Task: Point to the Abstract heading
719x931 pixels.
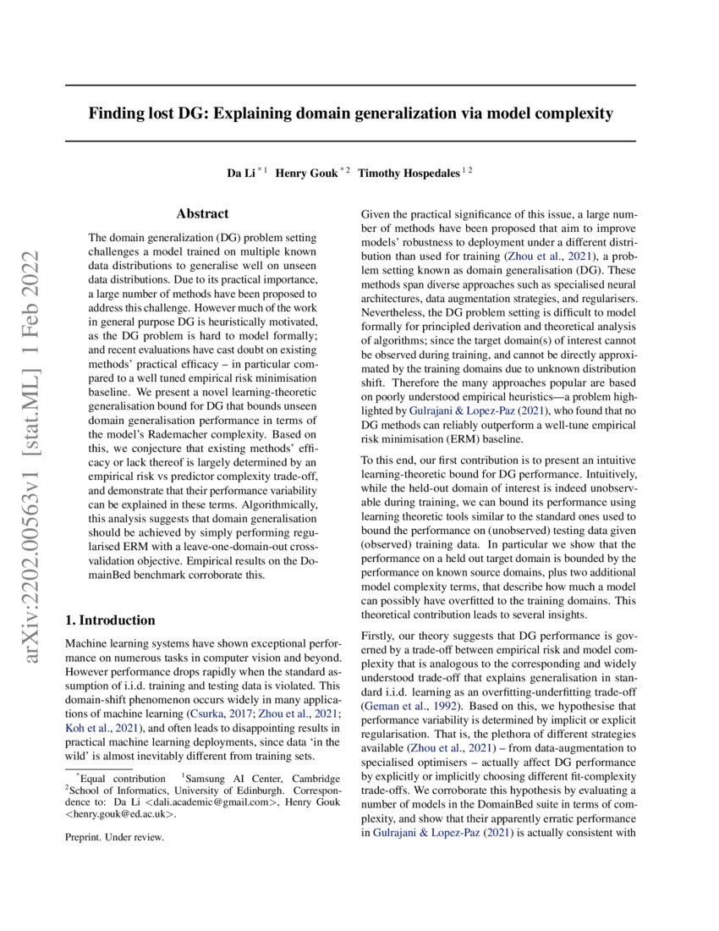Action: pos(202,215)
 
